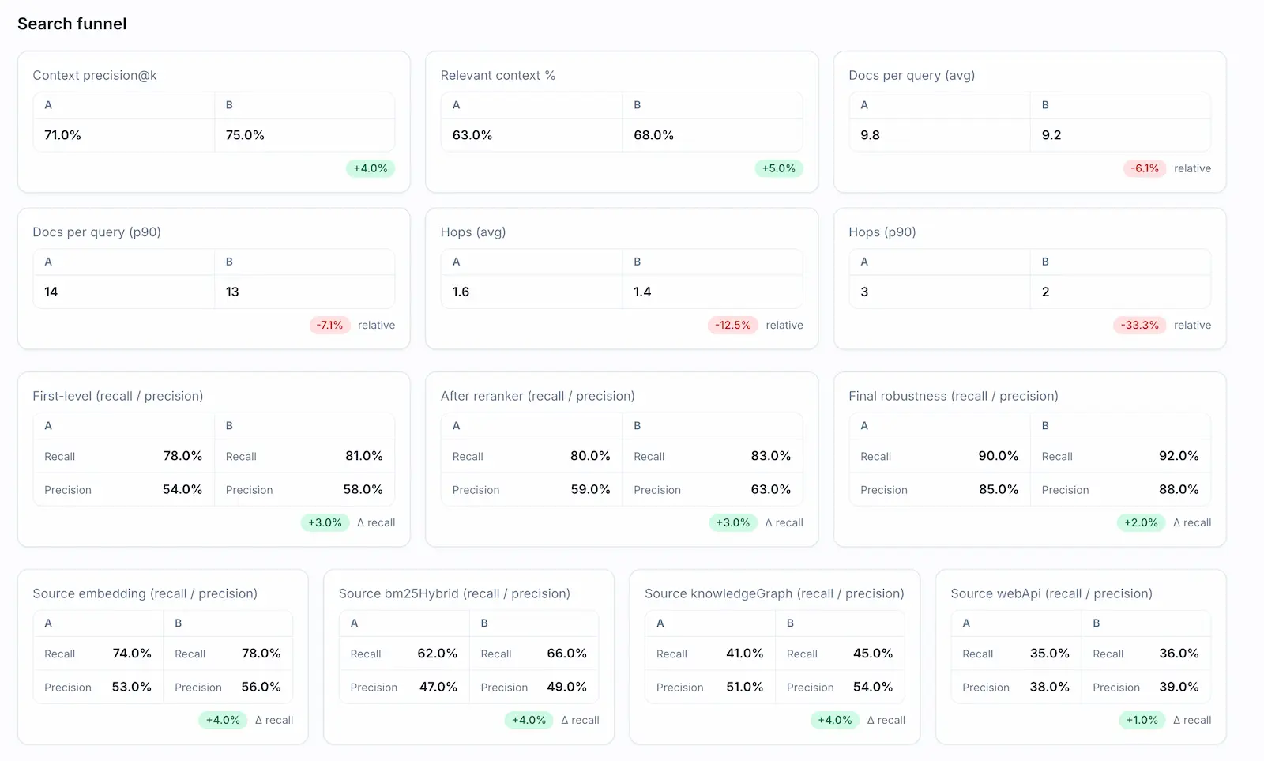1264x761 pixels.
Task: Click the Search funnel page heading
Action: tap(72, 24)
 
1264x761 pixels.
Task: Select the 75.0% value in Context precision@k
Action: tap(245, 135)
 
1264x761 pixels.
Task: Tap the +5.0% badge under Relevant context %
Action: tap(778, 168)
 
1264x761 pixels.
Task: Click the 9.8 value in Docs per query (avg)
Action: tap(870, 135)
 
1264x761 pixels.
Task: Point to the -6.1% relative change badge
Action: tap(1144, 168)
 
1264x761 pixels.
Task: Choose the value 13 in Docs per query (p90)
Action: tap(232, 292)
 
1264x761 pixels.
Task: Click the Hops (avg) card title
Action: tap(473, 232)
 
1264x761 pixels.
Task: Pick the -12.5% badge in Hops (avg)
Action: tap(732, 325)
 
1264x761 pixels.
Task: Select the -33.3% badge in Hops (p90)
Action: tap(1139, 325)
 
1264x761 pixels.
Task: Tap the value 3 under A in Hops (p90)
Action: tap(864, 292)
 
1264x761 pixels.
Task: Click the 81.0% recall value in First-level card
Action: tap(363, 456)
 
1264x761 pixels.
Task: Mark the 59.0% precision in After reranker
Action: tap(590, 489)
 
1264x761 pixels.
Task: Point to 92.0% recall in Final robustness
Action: tap(1178, 456)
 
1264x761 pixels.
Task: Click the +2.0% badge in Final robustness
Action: tap(1141, 522)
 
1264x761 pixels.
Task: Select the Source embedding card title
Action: tap(145, 593)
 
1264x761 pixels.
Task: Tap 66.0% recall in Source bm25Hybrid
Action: tap(566, 654)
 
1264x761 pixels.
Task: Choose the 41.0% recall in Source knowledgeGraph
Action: tap(744, 654)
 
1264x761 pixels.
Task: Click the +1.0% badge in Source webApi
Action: tap(1142, 720)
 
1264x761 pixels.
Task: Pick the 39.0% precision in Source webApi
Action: tap(1178, 687)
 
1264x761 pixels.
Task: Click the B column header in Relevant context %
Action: tap(638, 105)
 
